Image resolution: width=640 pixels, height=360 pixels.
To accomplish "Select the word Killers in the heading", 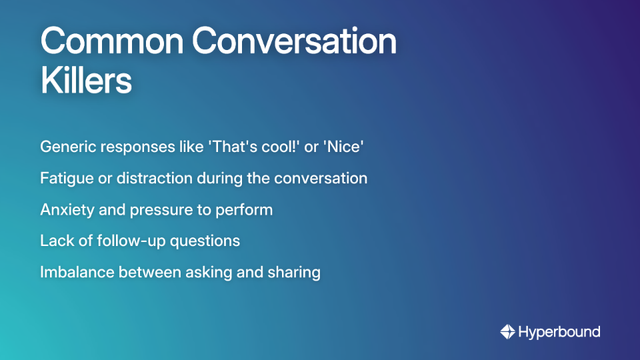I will tap(86, 81).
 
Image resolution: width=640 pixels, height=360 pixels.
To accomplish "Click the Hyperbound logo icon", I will tap(507, 331).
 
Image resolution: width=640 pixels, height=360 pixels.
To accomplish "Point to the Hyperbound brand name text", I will tap(559, 331).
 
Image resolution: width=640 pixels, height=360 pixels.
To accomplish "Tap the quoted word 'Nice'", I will tap(343, 147).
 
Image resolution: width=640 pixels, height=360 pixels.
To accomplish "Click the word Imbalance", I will tap(73, 272).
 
